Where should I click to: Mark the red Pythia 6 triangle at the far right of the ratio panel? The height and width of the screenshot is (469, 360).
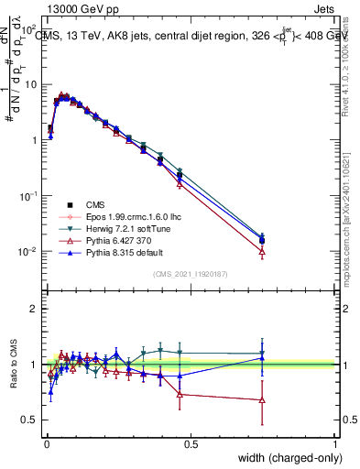coord(263,400)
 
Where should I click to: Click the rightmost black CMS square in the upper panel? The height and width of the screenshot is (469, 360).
coord(263,241)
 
